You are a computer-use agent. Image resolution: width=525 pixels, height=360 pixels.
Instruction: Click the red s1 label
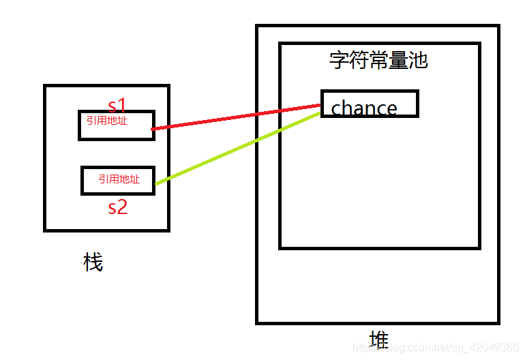(x=117, y=106)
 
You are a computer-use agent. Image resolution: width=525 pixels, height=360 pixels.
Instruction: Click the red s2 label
(x=117, y=207)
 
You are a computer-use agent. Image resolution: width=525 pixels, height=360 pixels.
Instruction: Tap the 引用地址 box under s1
(x=116, y=125)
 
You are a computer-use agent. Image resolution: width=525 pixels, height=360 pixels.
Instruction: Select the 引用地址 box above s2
(x=118, y=180)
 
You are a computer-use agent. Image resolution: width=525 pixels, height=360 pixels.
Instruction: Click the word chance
(x=364, y=108)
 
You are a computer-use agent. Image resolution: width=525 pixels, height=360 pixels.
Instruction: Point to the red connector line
(x=235, y=117)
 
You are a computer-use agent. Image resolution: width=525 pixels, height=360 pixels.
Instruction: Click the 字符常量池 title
(x=378, y=60)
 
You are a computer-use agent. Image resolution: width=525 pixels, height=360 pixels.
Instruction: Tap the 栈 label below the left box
(x=93, y=262)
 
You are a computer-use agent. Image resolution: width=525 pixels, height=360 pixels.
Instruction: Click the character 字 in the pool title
(x=339, y=60)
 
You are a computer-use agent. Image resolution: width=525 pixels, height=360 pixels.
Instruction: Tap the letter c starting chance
(x=336, y=108)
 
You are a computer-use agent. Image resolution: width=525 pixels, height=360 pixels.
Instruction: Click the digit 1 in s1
(x=123, y=106)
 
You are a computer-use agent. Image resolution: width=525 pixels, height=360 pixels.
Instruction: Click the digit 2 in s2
(x=123, y=207)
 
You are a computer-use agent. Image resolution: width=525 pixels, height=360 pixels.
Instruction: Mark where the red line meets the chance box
(x=320, y=105)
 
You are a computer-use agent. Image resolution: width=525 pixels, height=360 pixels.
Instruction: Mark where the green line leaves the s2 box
(x=155, y=183)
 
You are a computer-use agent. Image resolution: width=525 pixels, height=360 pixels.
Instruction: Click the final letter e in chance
(x=391, y=108)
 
